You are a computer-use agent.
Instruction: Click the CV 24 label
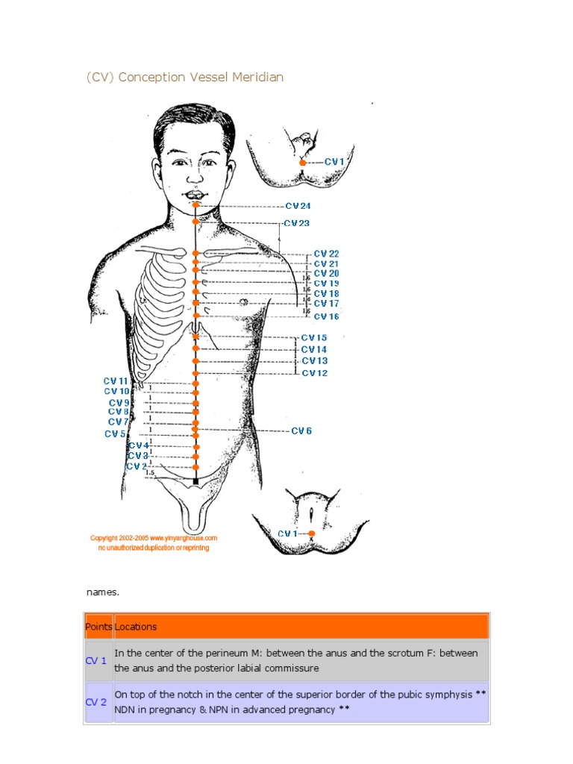(x=298, y=206)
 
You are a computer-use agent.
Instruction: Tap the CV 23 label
(x=296, y=223)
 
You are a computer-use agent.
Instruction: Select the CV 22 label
(x=326, y=254)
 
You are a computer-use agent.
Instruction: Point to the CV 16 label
(x=326, y=317)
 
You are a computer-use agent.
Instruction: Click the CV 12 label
(x=314, y=373)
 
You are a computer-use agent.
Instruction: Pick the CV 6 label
(x=301, y=430)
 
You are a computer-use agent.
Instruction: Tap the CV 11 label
(x=116, y=381)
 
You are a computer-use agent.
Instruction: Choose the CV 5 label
(x=115, y=433)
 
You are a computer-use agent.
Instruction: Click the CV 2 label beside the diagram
(x=137, y=466)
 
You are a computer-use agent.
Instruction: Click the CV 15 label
(x=314, y=338)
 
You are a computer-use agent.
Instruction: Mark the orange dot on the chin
(x=195, y=204)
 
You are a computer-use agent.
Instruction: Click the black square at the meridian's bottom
(x=195, y=482)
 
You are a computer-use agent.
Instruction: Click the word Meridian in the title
(x=257, y=77)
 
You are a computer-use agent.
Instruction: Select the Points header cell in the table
(x=98, y=627)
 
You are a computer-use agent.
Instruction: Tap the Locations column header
(x=136, y=627)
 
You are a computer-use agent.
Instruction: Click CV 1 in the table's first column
(x=96, y=660)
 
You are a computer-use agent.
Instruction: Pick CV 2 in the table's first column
(x=96, y=702)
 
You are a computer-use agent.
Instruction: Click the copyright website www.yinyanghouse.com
(x=179, y=537)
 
